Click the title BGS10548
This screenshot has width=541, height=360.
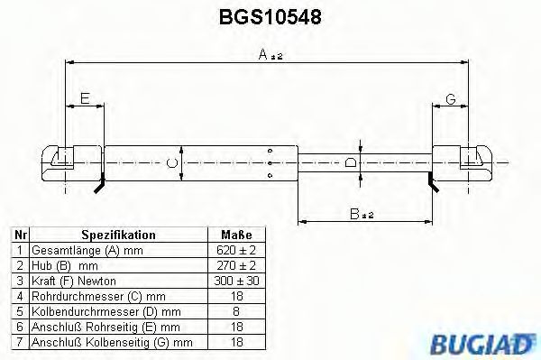(x=270, y=16)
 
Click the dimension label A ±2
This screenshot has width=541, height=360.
(x=270, y=56)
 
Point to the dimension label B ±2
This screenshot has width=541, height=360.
(x=362, y=213)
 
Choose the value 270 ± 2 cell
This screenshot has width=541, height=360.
(x=237, y=266)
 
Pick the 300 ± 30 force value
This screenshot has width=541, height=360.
(x=237, y=282)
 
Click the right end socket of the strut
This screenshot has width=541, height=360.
(x=472, y=162)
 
